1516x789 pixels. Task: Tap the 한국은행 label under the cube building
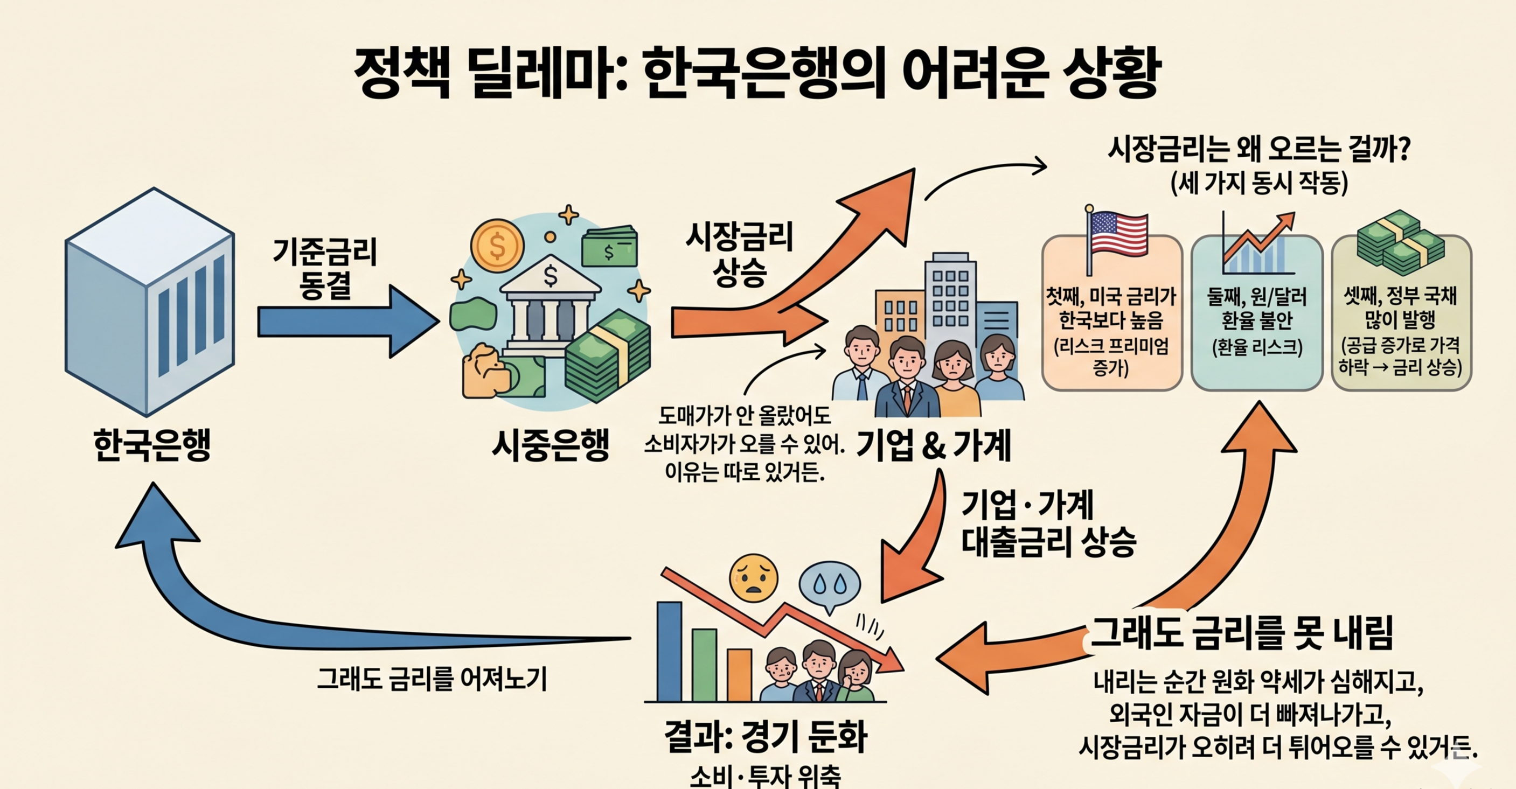click(152, 445)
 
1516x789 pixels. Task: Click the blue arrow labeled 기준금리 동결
click(347, 321)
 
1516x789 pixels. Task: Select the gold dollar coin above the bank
click(497, 246)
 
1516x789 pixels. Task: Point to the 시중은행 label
click(550, 445)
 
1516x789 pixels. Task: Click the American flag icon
click(1116, 235)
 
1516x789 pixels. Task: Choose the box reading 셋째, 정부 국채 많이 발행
click(1401, 330)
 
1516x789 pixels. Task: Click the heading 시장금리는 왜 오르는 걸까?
click(1260, 149)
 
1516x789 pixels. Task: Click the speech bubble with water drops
click(829, 585)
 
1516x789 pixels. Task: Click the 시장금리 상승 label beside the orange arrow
click(739, 254)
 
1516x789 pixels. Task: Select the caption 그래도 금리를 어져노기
click(433, 680)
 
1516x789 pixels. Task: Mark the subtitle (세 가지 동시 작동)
click(1260, 184)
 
